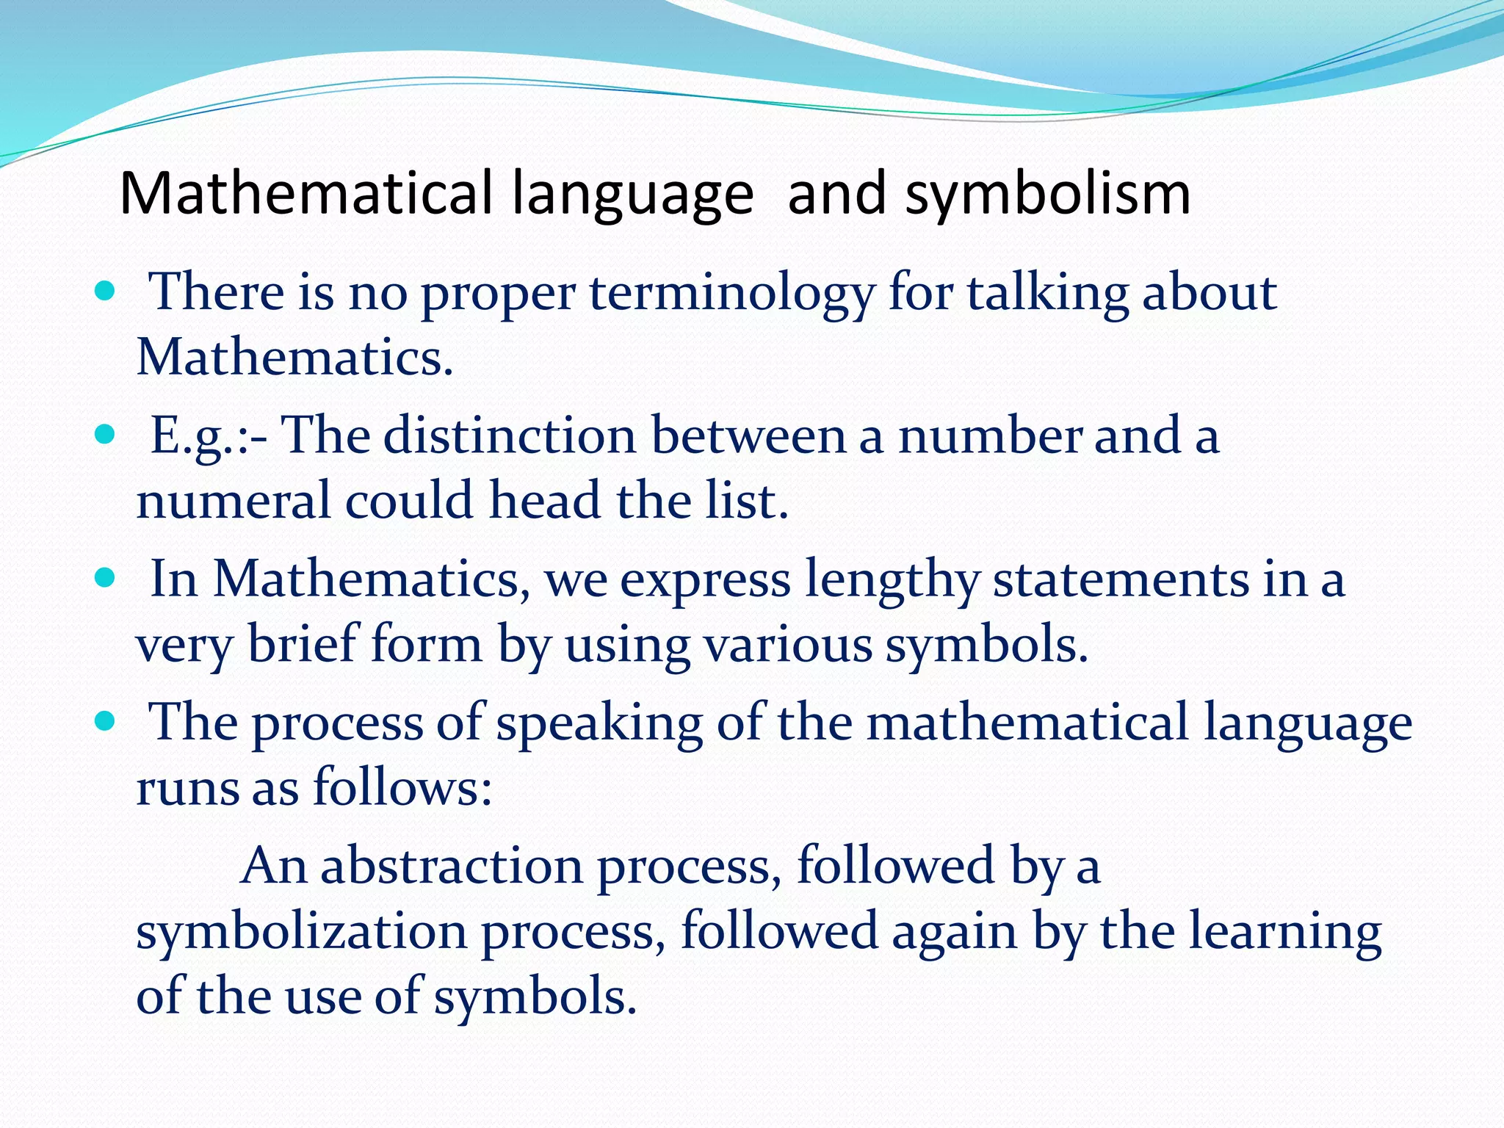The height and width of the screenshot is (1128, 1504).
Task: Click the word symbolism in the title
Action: point(1047,195)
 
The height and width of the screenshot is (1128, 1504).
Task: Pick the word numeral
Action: point(234,501)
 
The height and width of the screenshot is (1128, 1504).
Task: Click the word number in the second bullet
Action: point(990,435)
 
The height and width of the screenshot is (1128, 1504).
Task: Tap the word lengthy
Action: point(892,580)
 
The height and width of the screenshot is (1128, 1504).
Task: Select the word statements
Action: point(1121,580)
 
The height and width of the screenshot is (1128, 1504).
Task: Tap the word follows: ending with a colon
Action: point(402,787)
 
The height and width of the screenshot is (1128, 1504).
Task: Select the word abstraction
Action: point(452,867)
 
